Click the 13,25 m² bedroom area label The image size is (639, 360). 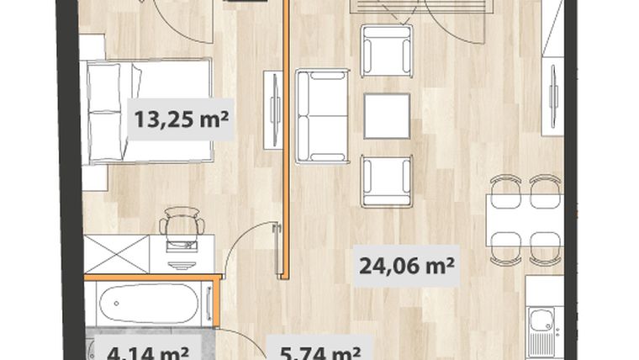coord(181,119)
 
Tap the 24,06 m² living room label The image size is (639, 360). coord(406,267)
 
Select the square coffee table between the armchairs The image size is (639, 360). coord(386,115)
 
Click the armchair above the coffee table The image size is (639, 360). coord(386,50)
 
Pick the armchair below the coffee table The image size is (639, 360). coord(386,180)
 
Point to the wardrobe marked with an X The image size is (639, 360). coord(115,254)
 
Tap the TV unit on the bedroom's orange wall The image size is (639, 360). coord(274,109)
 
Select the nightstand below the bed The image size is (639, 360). coord(94,177)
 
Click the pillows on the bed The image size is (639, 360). coord(107,109)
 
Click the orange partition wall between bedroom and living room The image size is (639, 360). coord(286,168)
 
